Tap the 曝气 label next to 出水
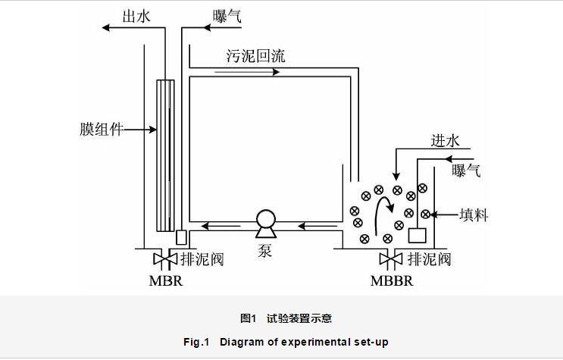(227, 15)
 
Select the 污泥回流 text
(255, 56)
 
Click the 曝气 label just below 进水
(467, 171)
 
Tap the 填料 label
(474, 215)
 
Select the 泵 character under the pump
(265, 249)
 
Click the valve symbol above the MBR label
(164, 259)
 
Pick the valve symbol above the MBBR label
(391, 259)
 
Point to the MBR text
(165, 280)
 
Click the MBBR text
(393, 280)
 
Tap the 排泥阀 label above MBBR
(429, 259)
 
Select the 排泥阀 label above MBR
(202, 259)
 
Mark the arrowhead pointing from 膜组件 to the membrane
(152, 130)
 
